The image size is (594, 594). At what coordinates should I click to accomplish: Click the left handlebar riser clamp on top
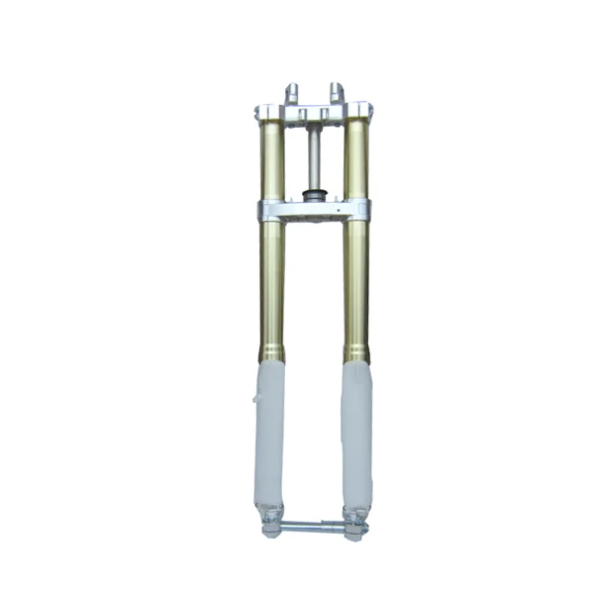pos(292,95)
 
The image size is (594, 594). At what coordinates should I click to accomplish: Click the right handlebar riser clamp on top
pos(337,95)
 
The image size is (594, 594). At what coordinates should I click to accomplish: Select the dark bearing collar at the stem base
pos(315,196)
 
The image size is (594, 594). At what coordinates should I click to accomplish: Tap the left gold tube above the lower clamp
pos(271,158)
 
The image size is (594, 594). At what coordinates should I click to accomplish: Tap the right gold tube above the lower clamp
pos(356,158)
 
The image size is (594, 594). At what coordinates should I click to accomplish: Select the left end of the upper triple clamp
pos(265,113)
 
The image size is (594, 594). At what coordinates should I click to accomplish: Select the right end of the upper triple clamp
pos(362,113)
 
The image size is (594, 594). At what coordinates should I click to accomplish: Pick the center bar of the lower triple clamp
pos(314,211)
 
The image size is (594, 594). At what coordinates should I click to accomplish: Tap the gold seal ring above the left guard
pos(270,352)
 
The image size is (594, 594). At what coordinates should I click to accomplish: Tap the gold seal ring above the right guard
pos(356,352)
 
